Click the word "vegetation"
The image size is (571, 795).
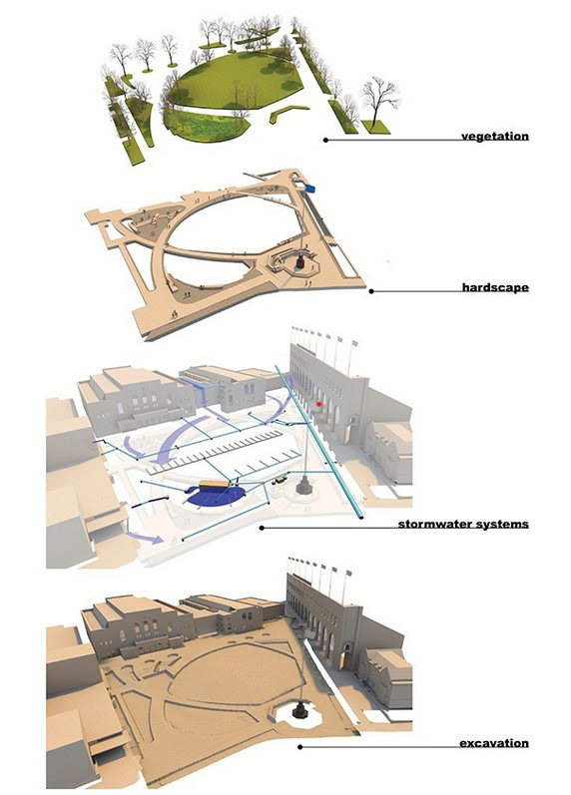tap(494, 136)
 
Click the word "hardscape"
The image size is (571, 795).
tap(494, 287)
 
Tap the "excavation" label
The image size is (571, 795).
tap(494, 743)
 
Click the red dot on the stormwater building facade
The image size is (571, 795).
tap(318, 404)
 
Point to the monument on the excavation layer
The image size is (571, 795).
tap(298, 711)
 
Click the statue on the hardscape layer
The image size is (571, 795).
tap(299, 261)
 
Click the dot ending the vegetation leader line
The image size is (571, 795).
tap(325, 141)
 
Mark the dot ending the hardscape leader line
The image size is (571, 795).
tap(371, 292)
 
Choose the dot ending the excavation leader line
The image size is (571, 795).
tap(299, 747)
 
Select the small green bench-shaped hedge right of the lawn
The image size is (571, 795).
tap(287, 112)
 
